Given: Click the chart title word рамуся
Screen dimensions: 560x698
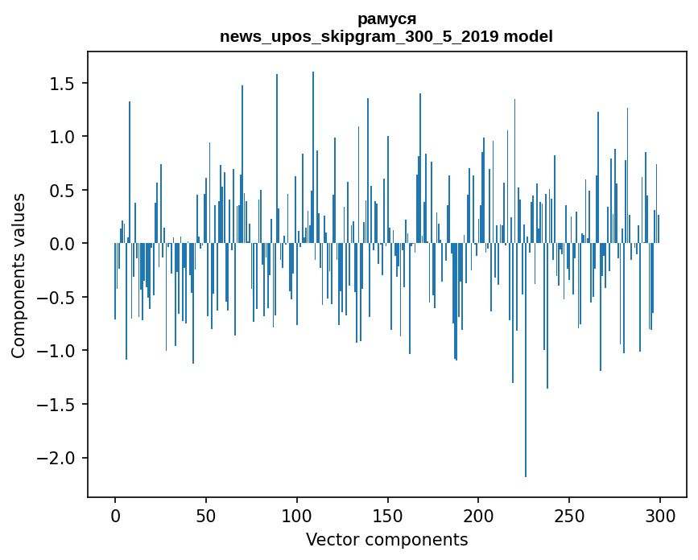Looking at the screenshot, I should pyautogui.click(x=386, y=19).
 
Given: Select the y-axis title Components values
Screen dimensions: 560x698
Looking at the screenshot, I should pyautogui.click(x=19, y=275).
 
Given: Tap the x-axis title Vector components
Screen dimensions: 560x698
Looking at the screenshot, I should pyautogui.click(x=386, y=540).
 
